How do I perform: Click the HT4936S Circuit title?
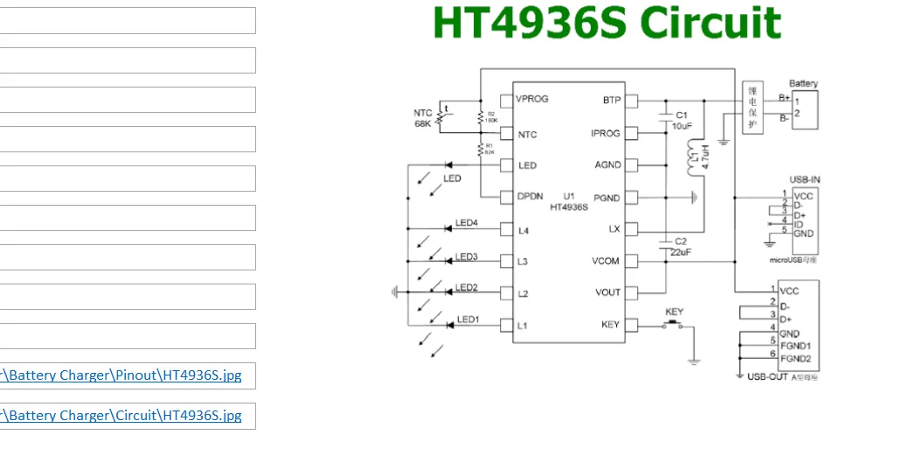[x=607, y=24]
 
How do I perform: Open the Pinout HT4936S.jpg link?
[x=122, y=376]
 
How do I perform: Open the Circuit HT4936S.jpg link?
[x=122, y=416]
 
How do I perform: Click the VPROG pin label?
[x=532, y=99]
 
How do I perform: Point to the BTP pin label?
[x=612, y=100]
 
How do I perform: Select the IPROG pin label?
[x=606, y=133]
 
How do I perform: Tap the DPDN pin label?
[x=531, y=197]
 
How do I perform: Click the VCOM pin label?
[x=606, y=261]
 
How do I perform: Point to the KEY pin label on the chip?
[x=610, y=325]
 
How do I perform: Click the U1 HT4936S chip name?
[x=569, y=201]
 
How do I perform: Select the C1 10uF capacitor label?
[x=682, y=120]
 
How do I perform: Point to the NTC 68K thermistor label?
[x=424, y=118]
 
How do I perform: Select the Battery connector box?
[x=805, y=109]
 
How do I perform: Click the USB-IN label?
[x=804, y=180]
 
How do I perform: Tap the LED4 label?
[x=467, y=223]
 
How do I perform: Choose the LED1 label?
[x=468, y=319]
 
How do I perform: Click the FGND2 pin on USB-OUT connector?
[x=795, y=359]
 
